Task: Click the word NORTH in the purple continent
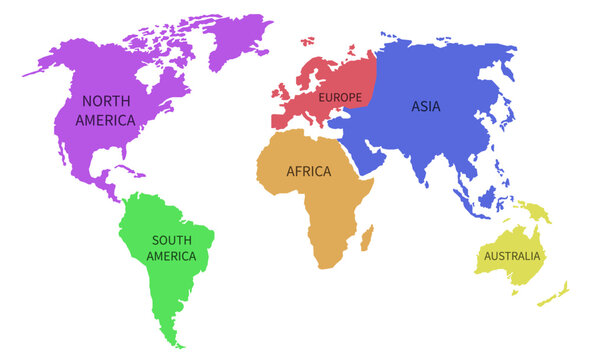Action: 107,101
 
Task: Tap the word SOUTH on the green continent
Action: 171,240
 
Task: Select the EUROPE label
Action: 340,97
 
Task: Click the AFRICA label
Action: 308,171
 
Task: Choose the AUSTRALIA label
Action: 512,256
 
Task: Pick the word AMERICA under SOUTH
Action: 171,256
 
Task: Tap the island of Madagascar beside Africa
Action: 366,238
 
